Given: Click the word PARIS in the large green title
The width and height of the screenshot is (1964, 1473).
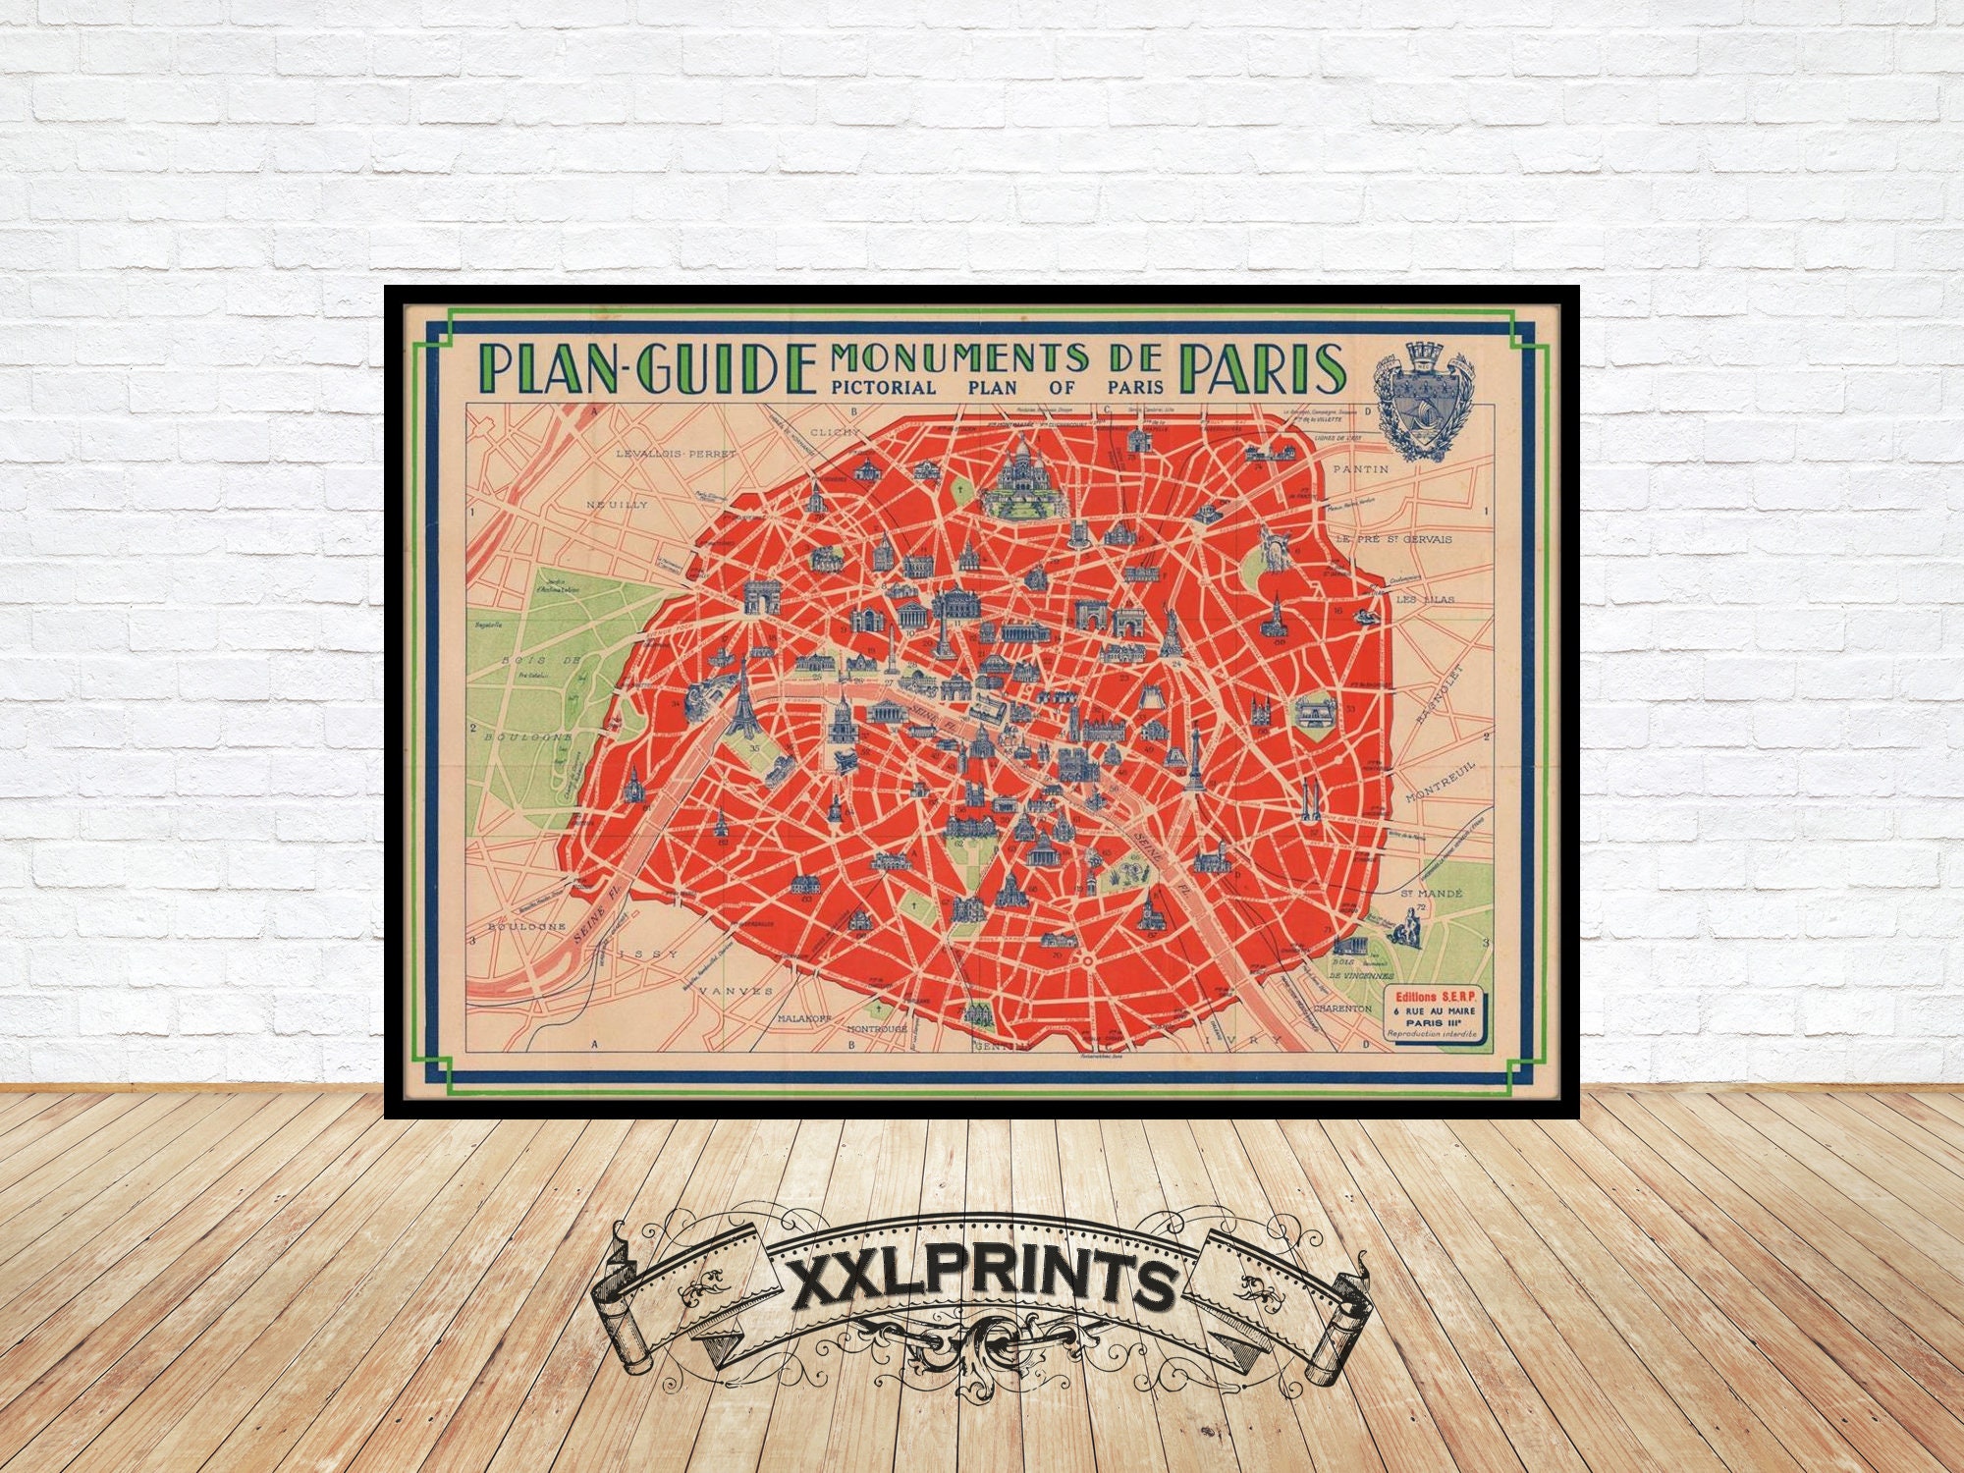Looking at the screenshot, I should tap(1262, 369).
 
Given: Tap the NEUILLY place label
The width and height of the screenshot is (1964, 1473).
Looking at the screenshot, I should tap(617, 505).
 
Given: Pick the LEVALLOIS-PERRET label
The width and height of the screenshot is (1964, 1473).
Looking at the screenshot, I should tap(676, 454).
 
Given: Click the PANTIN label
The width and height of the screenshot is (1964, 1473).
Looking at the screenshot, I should tap(1361, 469).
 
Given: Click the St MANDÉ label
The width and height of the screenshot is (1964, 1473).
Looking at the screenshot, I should tap(1431, 894).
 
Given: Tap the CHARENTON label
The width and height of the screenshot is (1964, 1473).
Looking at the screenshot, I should tap(1341, 1009).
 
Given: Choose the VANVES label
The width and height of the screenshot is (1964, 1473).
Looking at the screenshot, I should tap(736, 992).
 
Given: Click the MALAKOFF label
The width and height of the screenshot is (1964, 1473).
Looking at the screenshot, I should tap(804, 1018).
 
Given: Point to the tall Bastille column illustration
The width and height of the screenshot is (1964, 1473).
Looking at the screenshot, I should tap(1195, 756).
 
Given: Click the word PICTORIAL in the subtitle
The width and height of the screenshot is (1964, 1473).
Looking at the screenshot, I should tap(884, 387).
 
